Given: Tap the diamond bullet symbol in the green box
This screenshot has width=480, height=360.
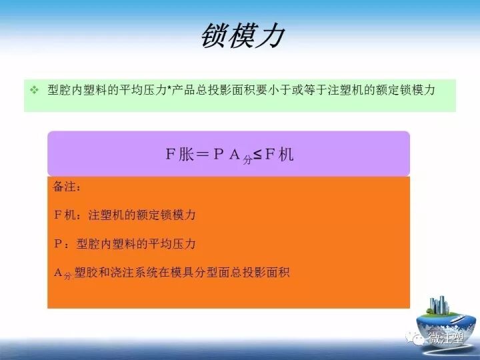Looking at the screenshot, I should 34,89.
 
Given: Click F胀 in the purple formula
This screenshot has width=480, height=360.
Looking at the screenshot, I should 179,155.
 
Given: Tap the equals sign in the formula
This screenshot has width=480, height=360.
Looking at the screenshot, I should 203,155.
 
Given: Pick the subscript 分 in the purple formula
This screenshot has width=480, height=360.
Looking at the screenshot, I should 247,160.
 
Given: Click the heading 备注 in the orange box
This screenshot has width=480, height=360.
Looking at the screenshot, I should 67,187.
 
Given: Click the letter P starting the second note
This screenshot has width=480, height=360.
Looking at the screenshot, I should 57,244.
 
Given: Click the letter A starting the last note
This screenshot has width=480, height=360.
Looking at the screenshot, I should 57,272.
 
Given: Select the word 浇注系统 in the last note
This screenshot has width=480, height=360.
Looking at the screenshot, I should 147,273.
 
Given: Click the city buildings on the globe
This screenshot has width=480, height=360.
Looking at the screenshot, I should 438,307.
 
